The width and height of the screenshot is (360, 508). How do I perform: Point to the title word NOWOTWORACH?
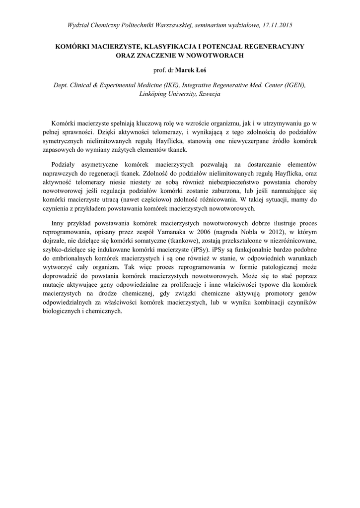[x=215, y=56]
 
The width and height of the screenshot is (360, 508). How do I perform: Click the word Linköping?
[x=155, y=93]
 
